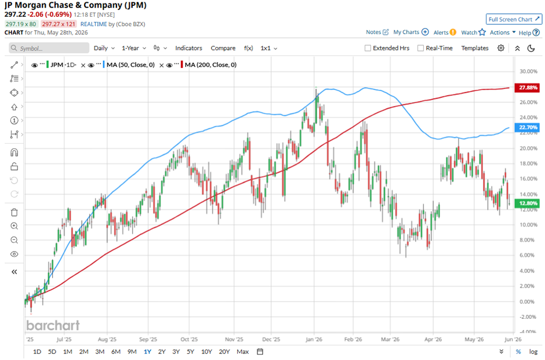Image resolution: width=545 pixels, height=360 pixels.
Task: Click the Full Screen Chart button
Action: tap(514, 20)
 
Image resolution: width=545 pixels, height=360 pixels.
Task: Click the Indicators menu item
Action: tap(188, 48)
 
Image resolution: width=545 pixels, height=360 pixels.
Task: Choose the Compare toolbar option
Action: tap(223, 48)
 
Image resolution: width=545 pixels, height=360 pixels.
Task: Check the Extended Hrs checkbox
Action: tap(368, 48)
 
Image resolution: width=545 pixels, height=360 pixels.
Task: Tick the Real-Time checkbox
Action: tap(420, 48)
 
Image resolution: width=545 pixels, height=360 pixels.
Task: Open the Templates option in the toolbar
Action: tap(475, 48)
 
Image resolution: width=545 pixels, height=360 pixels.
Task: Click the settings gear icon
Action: tap(501, 48)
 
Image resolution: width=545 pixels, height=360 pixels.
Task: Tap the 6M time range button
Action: tap(116, 352)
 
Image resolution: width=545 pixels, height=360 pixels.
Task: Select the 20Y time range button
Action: tap(224, 352)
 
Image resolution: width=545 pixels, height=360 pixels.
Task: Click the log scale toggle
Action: tap(533, 352)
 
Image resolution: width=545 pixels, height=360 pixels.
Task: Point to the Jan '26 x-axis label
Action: tap(314, 340)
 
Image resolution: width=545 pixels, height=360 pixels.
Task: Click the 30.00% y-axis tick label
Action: tap(528, 71)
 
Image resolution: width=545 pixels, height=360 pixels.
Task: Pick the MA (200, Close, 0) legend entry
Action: tap(210, 64)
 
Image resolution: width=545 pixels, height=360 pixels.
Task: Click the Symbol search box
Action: tap(49, 48)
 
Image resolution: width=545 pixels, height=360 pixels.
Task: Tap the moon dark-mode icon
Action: tap(531, 48)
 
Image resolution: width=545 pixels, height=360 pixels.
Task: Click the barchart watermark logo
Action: tap(53, 326)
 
